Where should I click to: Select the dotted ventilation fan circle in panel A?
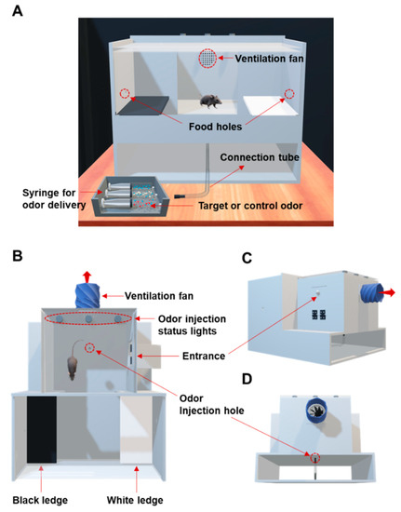[x=210, y=59]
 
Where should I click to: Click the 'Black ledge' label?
[x=40, y=499]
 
